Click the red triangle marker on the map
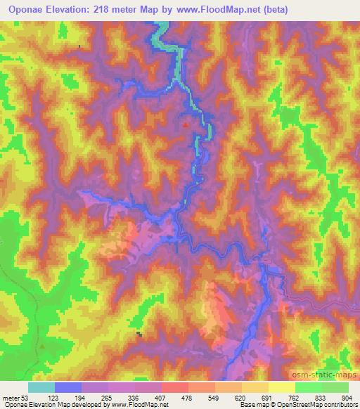tap(186, 125)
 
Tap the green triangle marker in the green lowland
tap(42, 346)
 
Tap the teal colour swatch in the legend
tap(41, 387)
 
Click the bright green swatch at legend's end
tap(335, 387)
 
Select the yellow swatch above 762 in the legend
tap(281, 387)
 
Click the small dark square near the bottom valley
tap(139, 334)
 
